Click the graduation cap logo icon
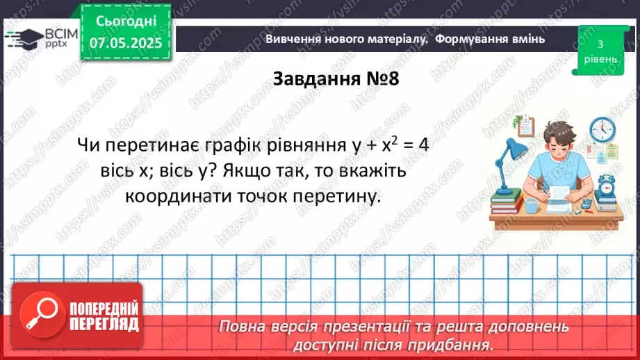[23, 38]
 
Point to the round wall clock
[602, 129]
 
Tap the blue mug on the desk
[531, 206]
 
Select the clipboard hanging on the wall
[525, 126]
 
